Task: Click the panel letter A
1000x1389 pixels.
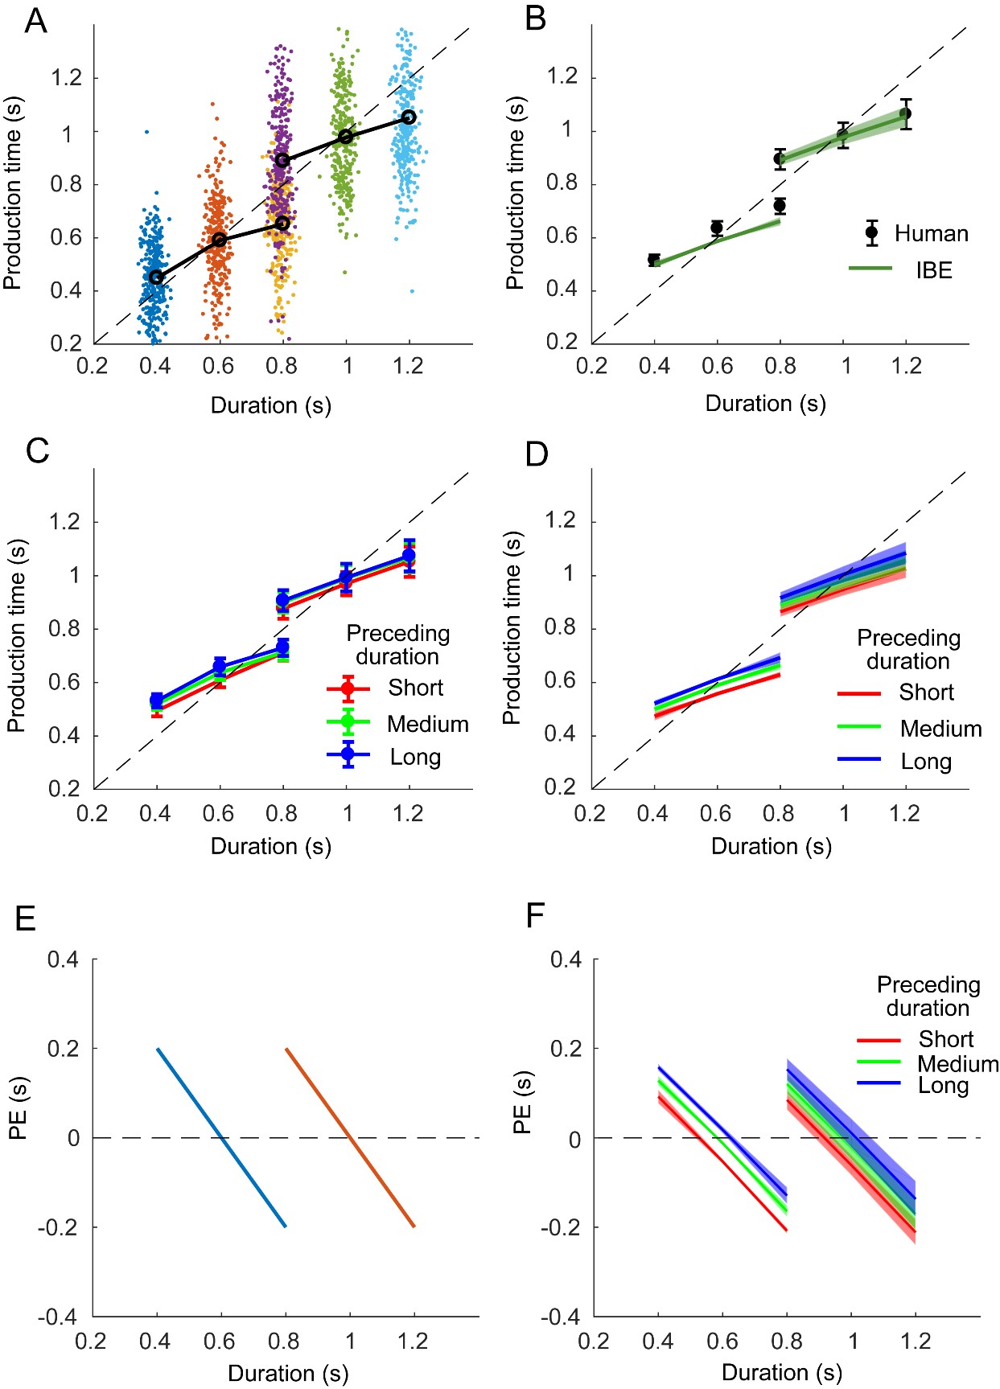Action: pos(36,21)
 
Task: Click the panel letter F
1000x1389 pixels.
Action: pos(535,915)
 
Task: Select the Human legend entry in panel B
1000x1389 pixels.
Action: pos(931,233)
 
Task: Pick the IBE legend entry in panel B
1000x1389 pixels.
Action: pos(933,270)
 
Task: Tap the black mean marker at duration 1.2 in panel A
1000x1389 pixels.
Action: pos(409,117)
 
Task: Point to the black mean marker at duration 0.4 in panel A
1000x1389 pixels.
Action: pos(156,277)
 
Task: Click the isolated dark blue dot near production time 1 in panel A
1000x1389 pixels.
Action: pos(146,132)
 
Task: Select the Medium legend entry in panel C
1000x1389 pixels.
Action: pos(427,724)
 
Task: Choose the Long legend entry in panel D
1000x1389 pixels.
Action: pos(926,761)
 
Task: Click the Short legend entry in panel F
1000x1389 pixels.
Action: pos(946,1039)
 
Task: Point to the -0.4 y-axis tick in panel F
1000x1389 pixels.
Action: pos(559,1317)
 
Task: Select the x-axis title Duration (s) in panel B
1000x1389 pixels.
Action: pos(765,403)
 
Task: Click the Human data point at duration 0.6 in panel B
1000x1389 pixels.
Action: pos(717,228)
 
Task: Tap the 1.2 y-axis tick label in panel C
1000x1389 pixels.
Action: pos(66,522)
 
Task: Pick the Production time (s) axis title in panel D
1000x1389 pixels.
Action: pos(512,627)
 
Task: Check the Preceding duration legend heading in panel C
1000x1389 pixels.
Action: pos(397,645)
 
